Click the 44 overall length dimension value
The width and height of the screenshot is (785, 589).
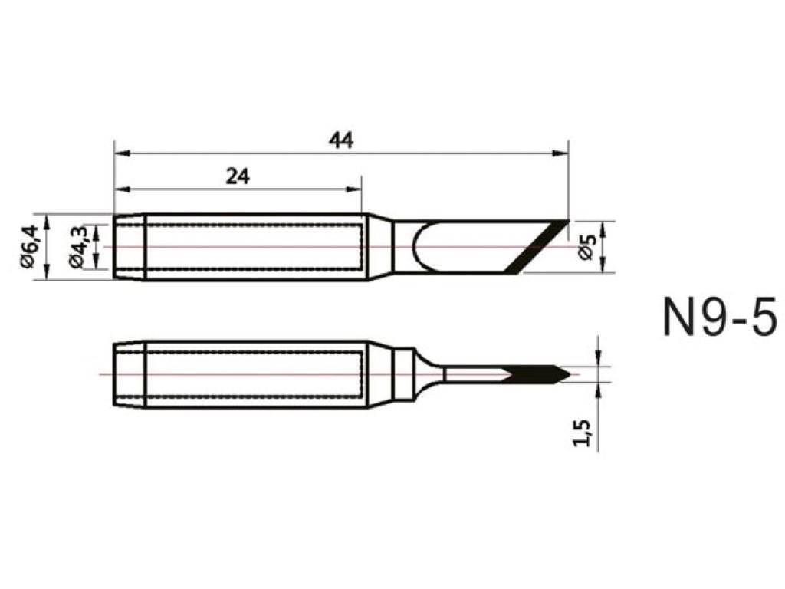[x=341, y=140]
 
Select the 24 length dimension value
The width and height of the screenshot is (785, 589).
[x=238, y=176]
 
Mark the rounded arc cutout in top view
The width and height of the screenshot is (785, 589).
[x=420, y=247]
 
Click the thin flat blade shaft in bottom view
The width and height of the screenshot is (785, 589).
[x=471, y=374]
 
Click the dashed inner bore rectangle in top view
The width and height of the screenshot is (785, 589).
[x=253, y=247]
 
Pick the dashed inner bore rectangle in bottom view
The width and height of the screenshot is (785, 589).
[x=253, y=374]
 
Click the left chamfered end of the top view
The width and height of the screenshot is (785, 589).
[x=129, y=247]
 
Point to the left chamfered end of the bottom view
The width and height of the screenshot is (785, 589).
[x=129, y=374]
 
